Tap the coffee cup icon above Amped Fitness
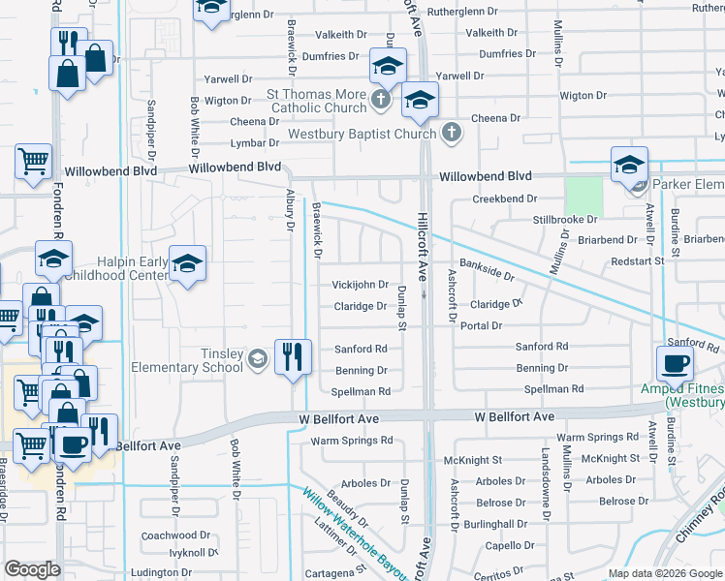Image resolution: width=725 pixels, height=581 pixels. tap(675, 363)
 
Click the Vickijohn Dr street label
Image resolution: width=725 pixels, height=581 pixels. tap(360, 286)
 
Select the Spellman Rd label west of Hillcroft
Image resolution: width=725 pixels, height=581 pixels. tap(361, 391)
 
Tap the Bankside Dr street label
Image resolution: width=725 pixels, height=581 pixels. tap(487, 270)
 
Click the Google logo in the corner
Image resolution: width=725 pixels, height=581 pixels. tap(32, 569)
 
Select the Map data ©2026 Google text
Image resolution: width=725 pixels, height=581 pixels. tap(664, 573)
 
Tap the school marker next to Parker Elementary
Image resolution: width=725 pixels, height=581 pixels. tap(629, 165)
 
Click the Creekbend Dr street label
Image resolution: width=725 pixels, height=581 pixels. tap(504, 199)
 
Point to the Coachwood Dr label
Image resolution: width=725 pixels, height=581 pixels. tap(175, 535)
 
